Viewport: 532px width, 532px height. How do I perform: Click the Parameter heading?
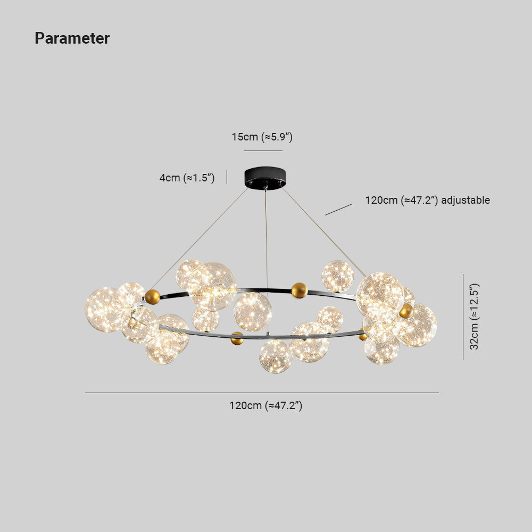tap(72, 38)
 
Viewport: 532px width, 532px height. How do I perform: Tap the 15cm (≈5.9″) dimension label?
tap(262, 137)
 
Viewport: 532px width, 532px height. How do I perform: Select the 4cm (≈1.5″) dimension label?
tap(187, 178)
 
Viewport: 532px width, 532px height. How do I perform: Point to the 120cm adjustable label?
tap(428, 200)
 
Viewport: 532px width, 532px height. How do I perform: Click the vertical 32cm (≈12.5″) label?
tap(474, 316)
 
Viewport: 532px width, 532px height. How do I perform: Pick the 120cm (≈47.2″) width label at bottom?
tap(265, 405)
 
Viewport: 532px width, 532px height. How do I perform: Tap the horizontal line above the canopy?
tap(263, 151)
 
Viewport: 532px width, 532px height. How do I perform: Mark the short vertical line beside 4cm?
tap(227, 178)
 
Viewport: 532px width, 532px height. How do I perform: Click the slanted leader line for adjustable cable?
tap(338, 209)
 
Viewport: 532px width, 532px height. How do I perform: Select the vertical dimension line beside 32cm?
tap(463, 317)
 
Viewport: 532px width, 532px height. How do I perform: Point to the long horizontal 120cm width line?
tap(262, 393)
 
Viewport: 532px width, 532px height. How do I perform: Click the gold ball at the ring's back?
tap(299, 290)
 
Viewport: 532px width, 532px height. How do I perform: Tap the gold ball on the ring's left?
tap(152, 297)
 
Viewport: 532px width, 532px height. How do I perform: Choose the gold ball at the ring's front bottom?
tap(237, 338)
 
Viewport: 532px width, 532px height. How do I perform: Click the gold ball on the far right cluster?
tap(406, 311)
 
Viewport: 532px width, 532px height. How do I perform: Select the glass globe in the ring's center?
tap(252, 312)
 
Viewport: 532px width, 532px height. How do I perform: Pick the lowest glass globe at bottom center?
tap(276, 356)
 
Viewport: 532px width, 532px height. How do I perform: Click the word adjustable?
tap(465, 200)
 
